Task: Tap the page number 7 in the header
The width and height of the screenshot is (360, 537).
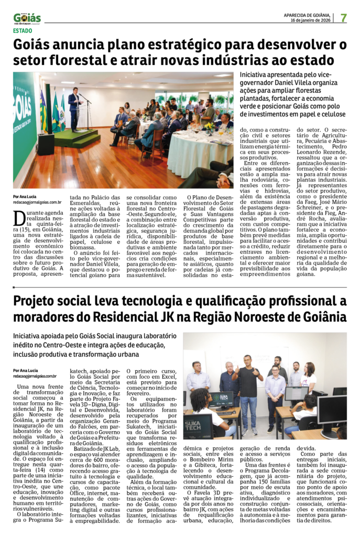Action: [343, 17]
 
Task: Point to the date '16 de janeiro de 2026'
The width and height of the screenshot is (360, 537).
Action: [313, 20]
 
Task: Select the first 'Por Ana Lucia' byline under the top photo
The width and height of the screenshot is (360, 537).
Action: [25, 196]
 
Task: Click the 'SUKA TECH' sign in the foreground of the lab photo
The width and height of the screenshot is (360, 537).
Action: [198, 426]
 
